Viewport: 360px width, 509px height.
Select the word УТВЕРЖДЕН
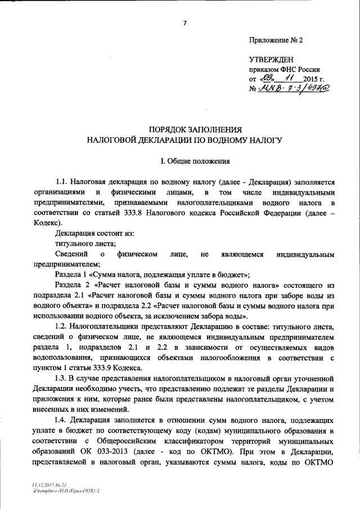pos(272,60)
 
